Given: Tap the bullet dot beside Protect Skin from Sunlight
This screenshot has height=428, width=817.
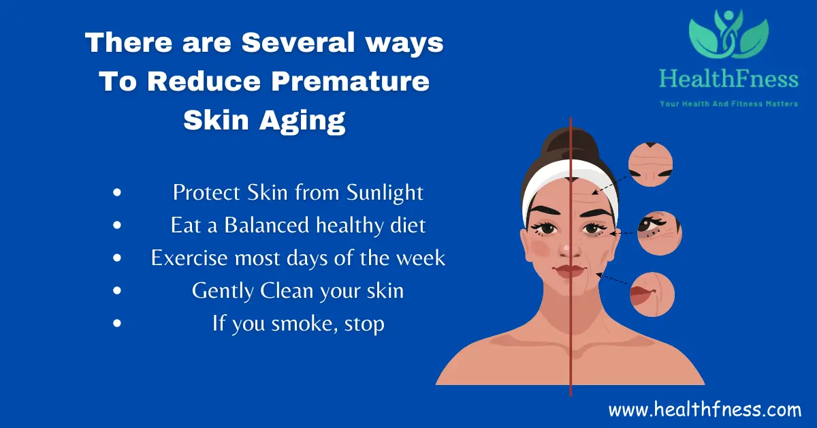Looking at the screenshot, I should tap(117, 193).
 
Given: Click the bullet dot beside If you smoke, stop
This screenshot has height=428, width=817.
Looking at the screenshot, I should tap(117, 324).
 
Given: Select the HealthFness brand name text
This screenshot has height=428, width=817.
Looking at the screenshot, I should tap(728, 80).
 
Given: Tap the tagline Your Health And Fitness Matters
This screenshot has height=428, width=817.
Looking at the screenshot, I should tap(728, 104).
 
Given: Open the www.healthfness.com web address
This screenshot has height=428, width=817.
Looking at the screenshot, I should tap(705, 410).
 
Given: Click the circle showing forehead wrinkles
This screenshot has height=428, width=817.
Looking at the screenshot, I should tap(650, 164).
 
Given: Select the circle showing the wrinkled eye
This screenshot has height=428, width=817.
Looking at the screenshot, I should tap(659, 232).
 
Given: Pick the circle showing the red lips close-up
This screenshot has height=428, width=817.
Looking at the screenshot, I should tap(652, 294).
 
